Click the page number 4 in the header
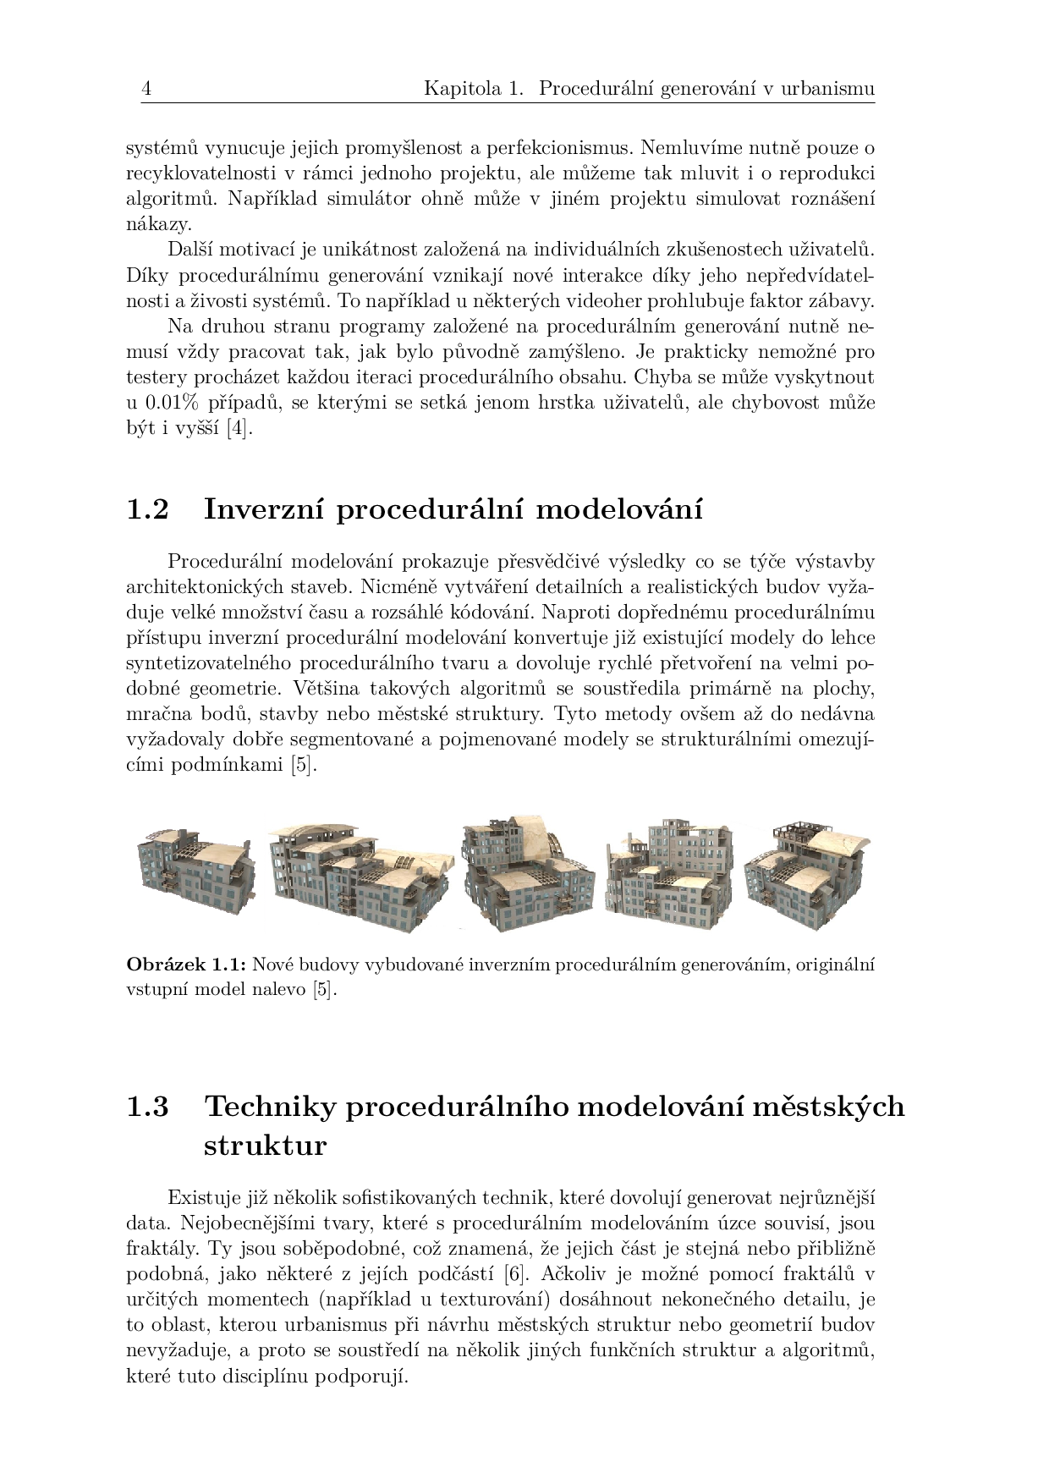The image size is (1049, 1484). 146,89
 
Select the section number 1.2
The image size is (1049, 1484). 147,510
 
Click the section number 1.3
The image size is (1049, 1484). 147,1107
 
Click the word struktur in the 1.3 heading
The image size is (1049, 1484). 265,1146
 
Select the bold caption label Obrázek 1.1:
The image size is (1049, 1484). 186,964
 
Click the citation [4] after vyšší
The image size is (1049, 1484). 240,428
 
